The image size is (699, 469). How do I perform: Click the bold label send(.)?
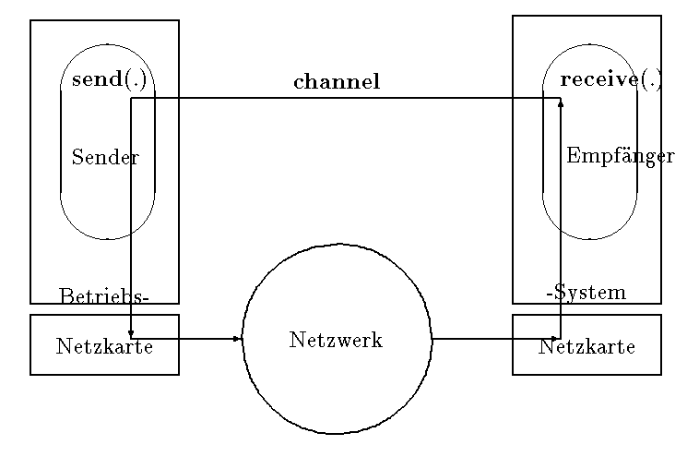pos(109,79)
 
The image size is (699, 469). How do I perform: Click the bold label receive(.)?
pos(610,79)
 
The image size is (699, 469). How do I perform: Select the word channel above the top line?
pos(337,82)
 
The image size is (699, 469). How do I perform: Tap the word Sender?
pos(105,158)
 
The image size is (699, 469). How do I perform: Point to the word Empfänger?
pos(620,156)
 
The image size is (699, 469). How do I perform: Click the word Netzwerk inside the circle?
pos(336,340)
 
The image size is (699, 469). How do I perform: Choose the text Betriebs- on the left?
pos(103,296)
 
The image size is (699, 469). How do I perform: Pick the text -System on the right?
pos(586,293)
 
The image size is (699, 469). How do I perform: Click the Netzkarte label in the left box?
pos(104,347)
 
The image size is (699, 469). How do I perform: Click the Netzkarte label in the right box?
pos(586,347)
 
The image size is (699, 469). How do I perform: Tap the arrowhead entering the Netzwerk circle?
pos(238,339)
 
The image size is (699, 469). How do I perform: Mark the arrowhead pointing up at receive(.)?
pos(561,102)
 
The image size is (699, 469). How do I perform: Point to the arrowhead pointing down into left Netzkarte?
pos(132,333)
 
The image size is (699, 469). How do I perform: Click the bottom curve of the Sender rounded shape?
pos(108,238)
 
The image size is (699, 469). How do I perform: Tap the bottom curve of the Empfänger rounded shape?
pos(589,238)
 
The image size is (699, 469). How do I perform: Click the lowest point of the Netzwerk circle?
pos(337,433)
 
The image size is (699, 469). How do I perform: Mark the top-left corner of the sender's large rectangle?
pos(30,20)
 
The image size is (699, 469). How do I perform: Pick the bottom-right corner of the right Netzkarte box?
pos(661,375)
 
